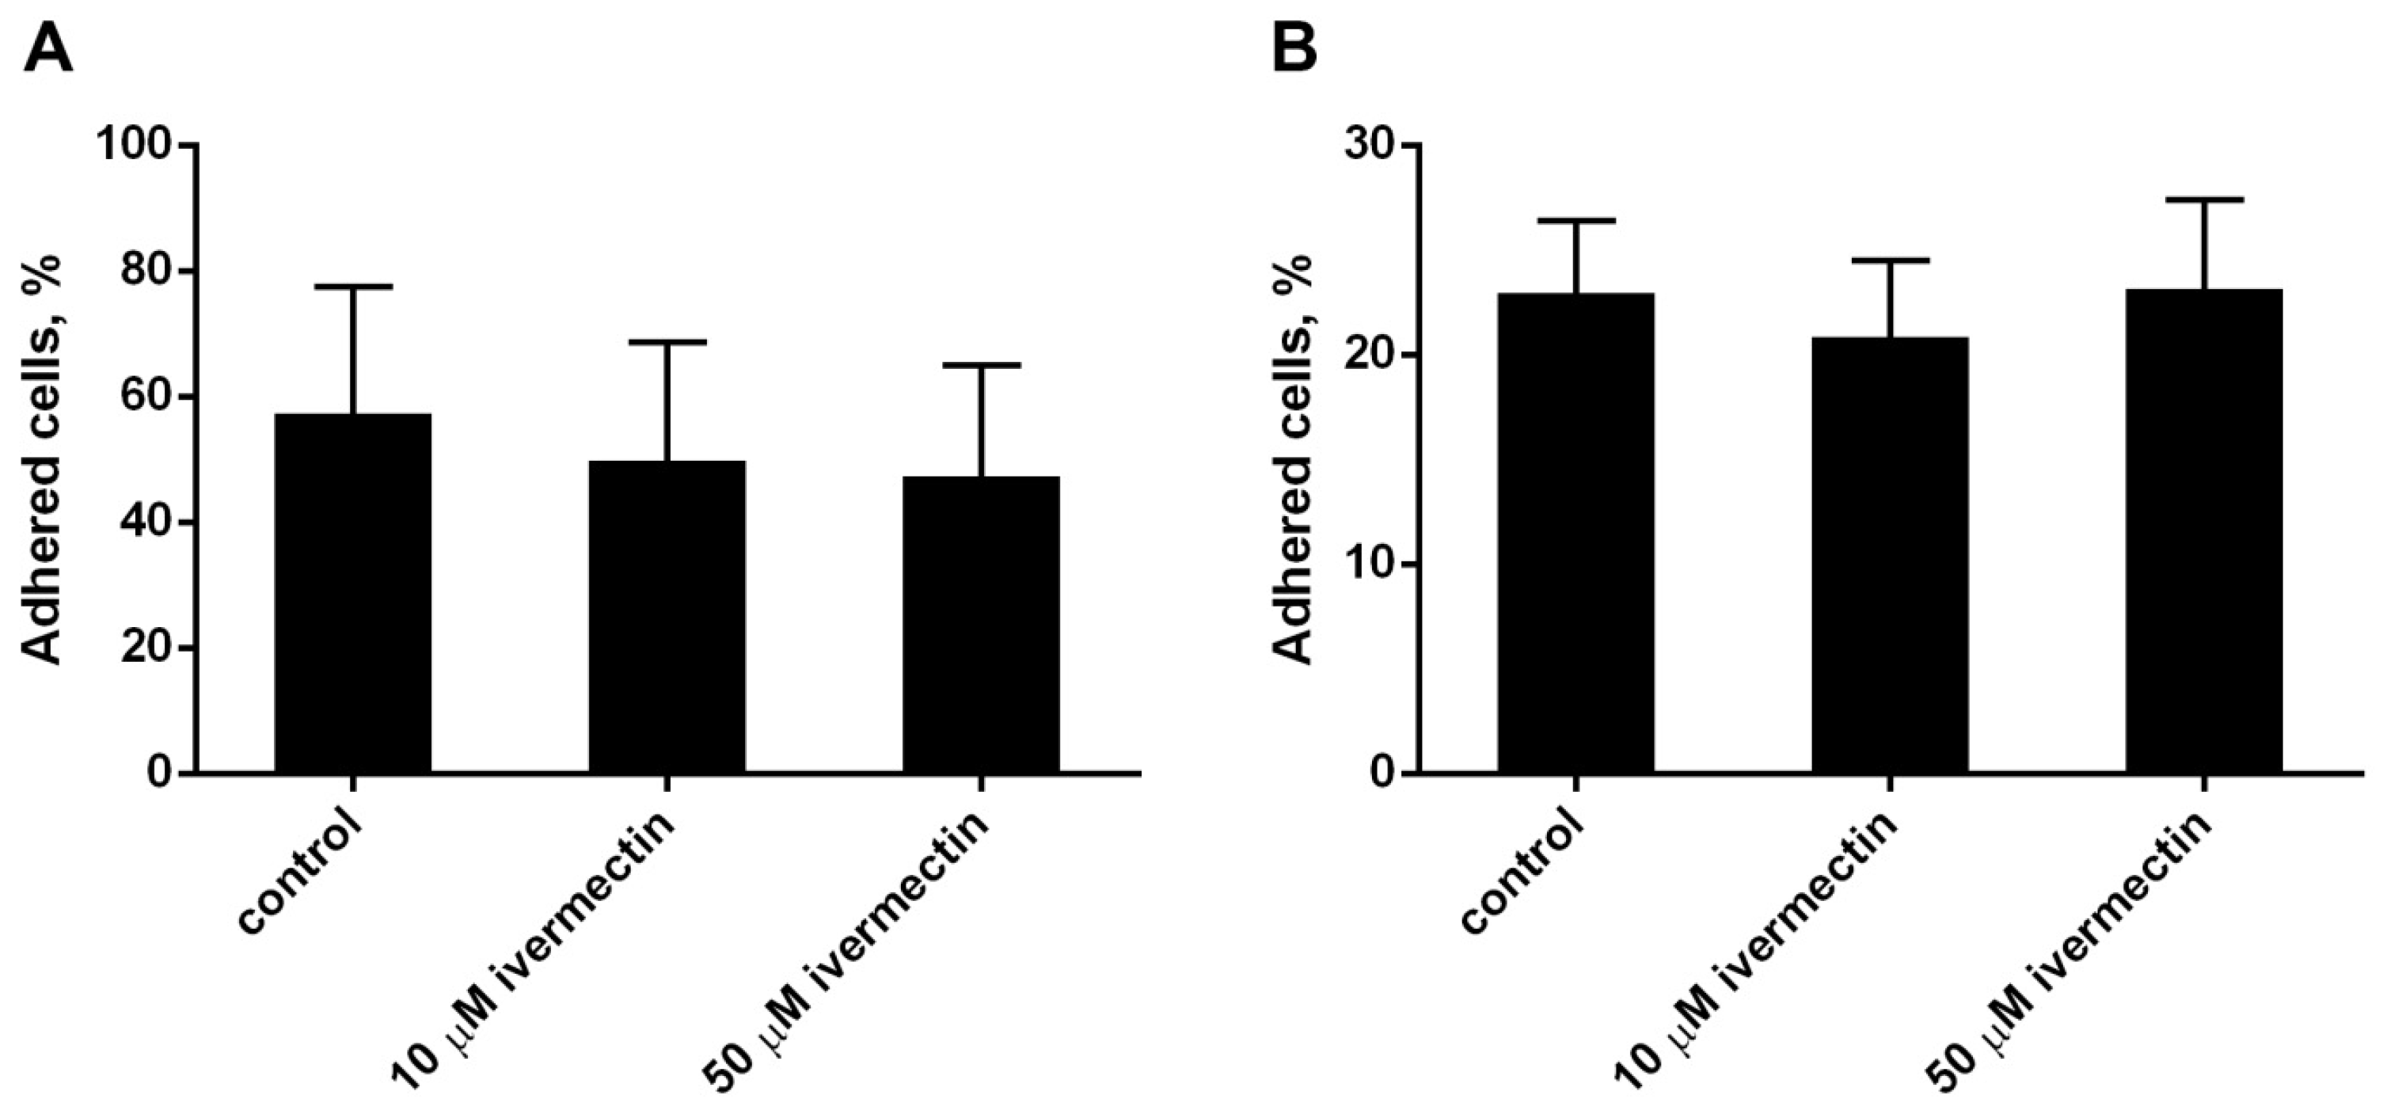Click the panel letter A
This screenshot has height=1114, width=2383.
tap(48, 48)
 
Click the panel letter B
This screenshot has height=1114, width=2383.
tap(1294, 48)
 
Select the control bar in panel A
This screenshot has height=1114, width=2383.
tap(352, 592)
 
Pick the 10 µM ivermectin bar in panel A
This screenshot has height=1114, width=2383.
tap(667, 615)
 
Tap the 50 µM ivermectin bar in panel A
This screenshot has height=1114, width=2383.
tap(981, 624)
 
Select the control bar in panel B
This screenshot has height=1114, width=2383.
tap(1576, 532)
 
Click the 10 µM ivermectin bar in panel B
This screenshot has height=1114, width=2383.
tap(1890, 554)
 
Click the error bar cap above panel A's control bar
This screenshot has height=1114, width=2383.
tap(352, 287)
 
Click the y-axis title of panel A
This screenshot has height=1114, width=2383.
tap(42, 459)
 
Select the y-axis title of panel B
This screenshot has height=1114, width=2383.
tap(1294, 459)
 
